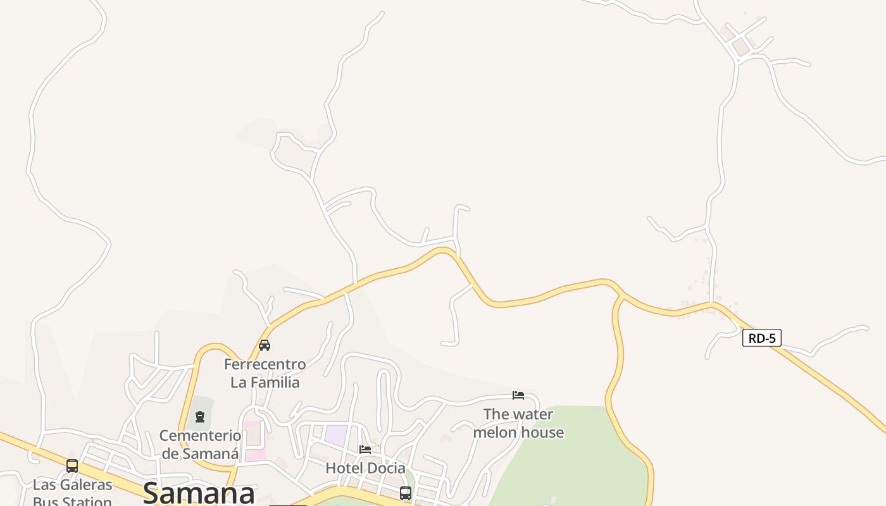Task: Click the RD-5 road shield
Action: pyautogui.click(x=762, y=338)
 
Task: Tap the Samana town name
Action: pyautogui.click(x=199, y=493)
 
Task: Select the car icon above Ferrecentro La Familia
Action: pyautogui.click(x=265, y=345)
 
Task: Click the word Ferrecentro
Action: pyautogui.click(x=265, y=364)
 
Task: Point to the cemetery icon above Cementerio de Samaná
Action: pyautogui.click(x=200, y=417)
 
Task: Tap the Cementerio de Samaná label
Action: pyautogui.click(x=200, y=445)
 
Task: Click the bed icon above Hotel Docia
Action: pyautogui.click(x=365, y=450)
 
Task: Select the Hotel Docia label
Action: pyautogui.click(x=365, y=468)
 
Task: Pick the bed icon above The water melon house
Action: pyautogui.click(x=518, y=395)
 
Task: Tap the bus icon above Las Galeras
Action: pyautogui.click(x=72, y=466)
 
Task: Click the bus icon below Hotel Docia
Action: pyautogui.click(x=406, y=493)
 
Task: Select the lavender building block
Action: pyautogui.click(x=336, y=435)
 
